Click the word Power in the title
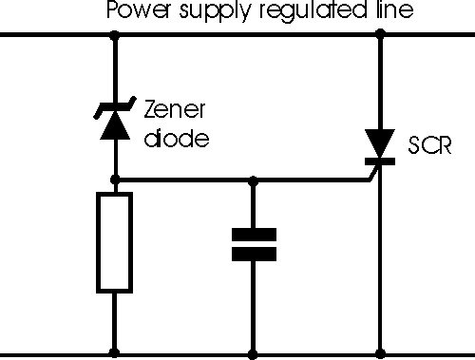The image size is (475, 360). [x=138, y=10]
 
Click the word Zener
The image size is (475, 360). [x=175, y=109]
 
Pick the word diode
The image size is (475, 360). [x=177, y=138]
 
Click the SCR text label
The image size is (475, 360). [x=429, y=145]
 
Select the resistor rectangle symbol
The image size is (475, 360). [x=114, y=242]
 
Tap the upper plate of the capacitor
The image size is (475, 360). [x=254, y=235]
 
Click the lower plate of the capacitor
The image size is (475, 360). [x=254, y=255]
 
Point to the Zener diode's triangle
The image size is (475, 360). [x=115, y=125]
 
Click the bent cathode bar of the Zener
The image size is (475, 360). [x=115, y=107]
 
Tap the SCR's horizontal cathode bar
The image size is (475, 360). [x=380, y=161]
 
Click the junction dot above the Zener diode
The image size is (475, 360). [x=115, y=34]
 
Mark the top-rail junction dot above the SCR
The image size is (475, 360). [x=380, y=33]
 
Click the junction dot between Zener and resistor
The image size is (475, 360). [x=115, y=180]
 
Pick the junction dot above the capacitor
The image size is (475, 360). [x=253, y=181]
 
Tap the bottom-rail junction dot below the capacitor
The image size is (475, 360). [x=253, y=354]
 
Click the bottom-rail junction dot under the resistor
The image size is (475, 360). [x=114, y=353]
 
